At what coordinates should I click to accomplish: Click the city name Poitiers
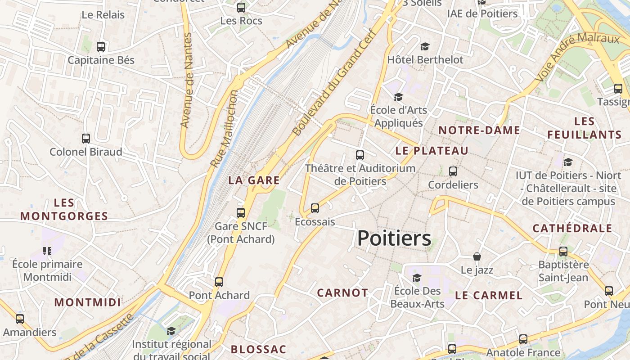point(394,238)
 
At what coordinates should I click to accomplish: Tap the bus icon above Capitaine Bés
point(101,46)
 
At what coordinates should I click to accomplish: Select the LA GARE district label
point(254,180)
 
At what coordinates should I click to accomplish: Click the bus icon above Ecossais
point(315,208)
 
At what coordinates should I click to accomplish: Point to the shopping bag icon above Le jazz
point(477,256)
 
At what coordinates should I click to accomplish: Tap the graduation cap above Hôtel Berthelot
point(425,46)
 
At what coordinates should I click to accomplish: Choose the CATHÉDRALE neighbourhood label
point(572,228)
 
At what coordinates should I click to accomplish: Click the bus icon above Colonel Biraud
point(86,139)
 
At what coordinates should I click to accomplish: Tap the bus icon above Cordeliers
point(453,171)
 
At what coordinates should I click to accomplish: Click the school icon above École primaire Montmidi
point(47,251)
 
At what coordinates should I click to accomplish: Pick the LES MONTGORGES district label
point(64,209)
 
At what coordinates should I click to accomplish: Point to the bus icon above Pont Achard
point(219,282)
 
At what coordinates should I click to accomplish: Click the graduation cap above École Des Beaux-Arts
point(417,277)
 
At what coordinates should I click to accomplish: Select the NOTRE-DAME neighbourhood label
point(479,130)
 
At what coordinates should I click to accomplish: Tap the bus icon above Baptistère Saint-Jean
point(563,252)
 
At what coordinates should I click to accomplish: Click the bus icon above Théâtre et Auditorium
point(360,155)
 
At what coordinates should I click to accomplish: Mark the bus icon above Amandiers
point(20,319)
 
